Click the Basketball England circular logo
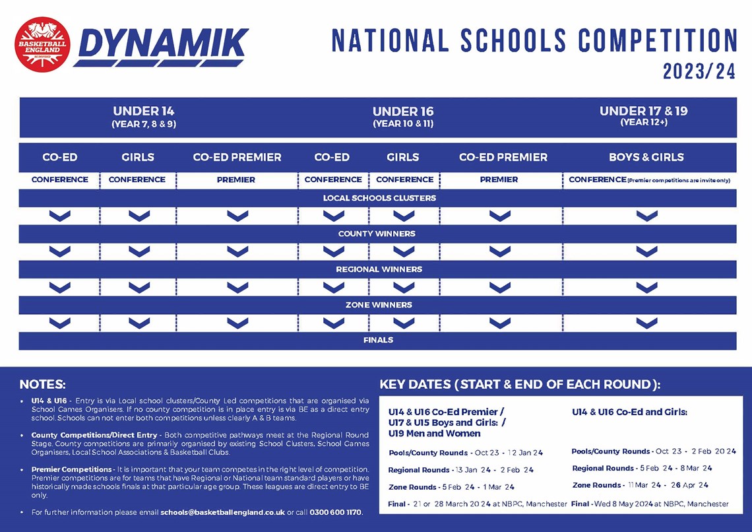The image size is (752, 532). pos(42,45)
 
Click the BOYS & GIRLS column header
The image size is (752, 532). pos(646,157)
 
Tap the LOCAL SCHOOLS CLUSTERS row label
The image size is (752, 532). pos(379,198)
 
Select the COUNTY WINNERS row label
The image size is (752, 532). pos(377,234)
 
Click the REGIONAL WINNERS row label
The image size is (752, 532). pos(379,269)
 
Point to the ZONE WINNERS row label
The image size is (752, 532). pos(379,305)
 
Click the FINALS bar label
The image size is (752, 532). pos(378,341)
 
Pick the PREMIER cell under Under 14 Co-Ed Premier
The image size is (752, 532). pos(235,180)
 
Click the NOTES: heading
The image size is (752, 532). pos(42,384)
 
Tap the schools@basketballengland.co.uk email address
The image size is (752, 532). pos(222,512)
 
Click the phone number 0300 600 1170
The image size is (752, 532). pos(336,512)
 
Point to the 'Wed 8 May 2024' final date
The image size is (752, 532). pos(624,504)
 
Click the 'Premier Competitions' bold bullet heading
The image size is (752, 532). pos(71,469)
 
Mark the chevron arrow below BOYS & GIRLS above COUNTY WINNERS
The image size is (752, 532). pos(646,216)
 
